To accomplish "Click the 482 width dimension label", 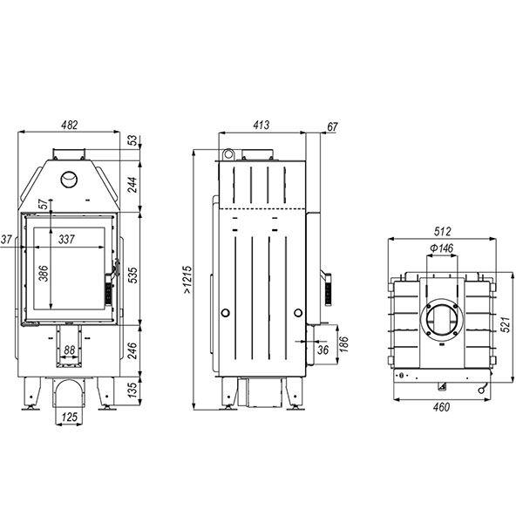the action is point(70,125).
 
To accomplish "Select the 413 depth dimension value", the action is point(261,125).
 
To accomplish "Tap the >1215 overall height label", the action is point(187,280).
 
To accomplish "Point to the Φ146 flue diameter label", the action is point(442,248).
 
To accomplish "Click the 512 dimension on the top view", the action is point(442,231).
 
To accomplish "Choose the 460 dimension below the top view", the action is point(441,407).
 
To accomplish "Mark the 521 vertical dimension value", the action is point(506,324).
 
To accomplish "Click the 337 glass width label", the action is point(66,239).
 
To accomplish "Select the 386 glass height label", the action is point(44,273).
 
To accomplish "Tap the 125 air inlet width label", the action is point(70,417).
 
